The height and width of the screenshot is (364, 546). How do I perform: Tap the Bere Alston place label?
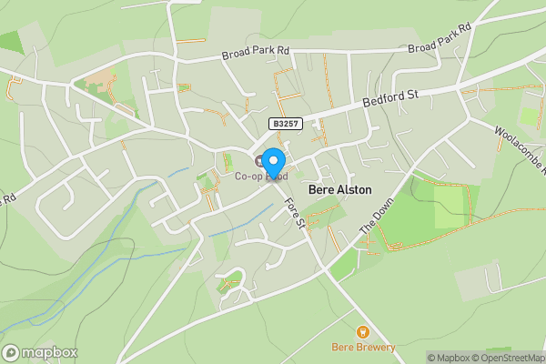pyautogui.click(x=341, y=190)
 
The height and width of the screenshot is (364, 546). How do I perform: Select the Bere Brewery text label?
pyautogui.click(x=363, y=347)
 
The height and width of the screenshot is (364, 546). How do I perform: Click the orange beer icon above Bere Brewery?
pyautogui.click(x=363, y=332)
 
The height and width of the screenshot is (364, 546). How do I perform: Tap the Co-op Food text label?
pyautogui.click(x=261, y=177)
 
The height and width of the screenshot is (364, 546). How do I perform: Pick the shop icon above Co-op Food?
pyautogui.click(x=259, y=161)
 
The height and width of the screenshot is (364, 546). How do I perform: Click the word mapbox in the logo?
pyautogui.click(x=51, y=352)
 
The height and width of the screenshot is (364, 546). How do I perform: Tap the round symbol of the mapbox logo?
pyautogui.click(x=12, y=352)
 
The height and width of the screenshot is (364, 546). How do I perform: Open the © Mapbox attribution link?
pyautogui.click(x=448, y=358)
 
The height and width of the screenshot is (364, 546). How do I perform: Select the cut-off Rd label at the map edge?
pyautogui.click(x=9, y=197)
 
